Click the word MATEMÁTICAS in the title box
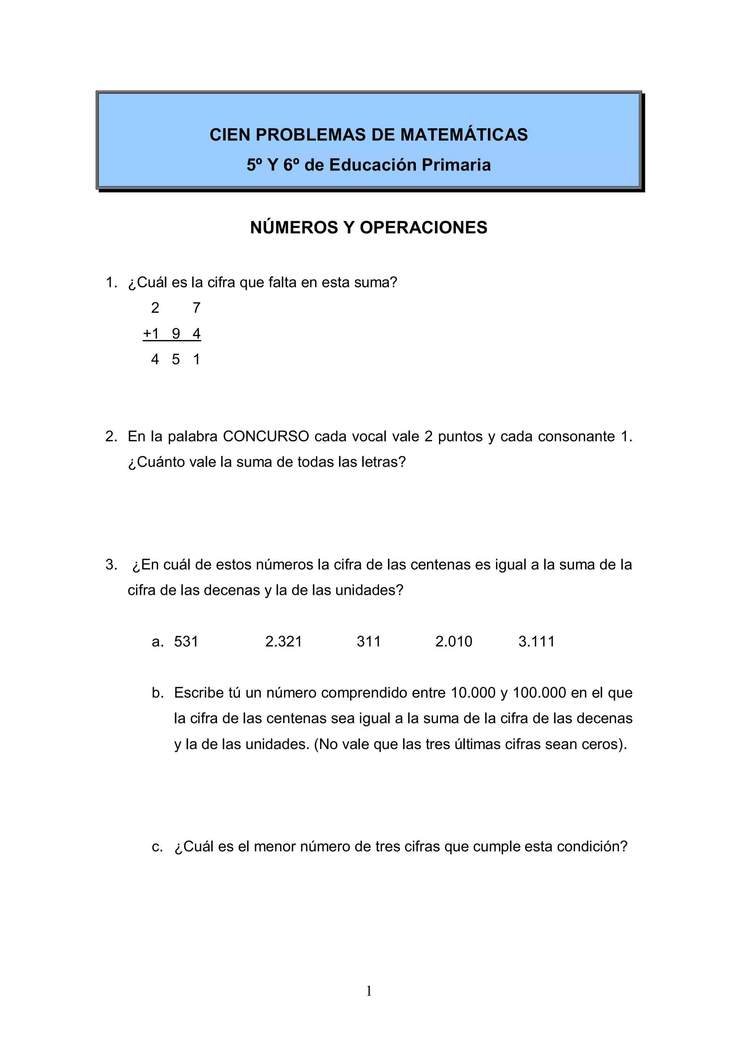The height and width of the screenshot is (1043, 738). [464, 135]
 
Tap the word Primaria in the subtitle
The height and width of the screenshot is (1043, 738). [456, 165]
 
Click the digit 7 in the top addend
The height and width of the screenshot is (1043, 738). [196, 308]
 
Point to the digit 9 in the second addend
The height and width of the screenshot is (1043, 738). [176, 334]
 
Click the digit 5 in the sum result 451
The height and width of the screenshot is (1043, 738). [176, 360]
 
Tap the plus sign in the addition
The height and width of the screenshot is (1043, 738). [147, 334]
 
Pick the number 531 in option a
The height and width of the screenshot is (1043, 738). [186, 641]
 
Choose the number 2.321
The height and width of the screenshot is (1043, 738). [284, 641]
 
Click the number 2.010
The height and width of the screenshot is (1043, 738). [454, 641]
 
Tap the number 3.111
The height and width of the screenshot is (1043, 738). [536, 641]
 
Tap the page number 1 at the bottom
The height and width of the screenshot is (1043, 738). [369, 991]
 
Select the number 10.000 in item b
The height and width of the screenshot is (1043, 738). [473, 693]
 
